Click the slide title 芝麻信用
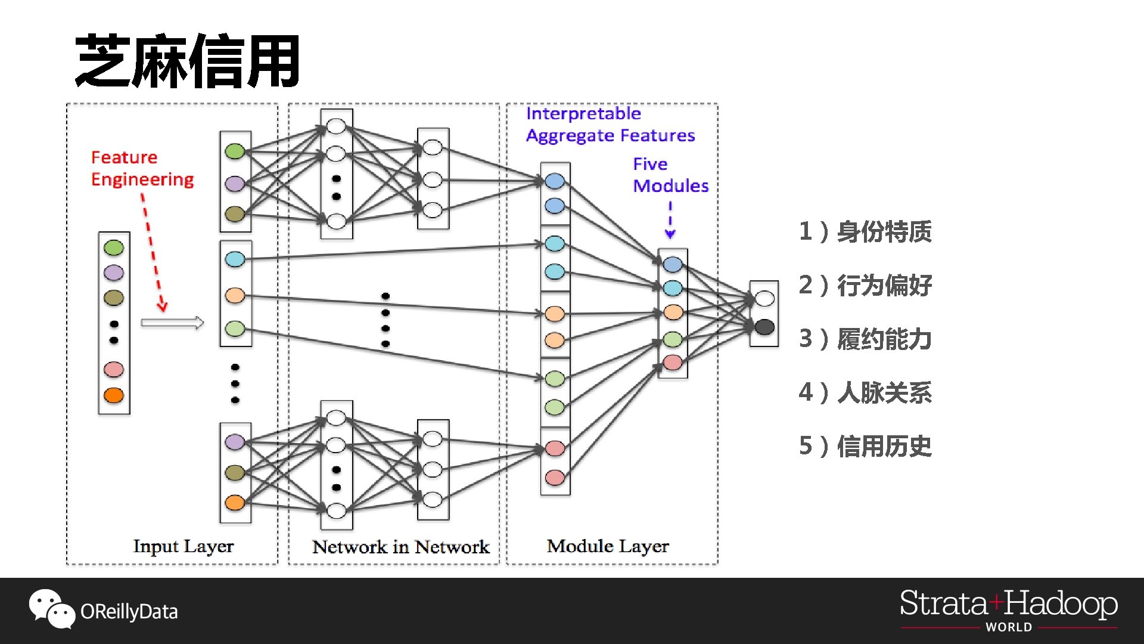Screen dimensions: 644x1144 coord(187,61)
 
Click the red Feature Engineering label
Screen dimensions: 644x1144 coord(142,168)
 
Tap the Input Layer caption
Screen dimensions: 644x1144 coord(183,546)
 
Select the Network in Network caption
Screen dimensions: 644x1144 coord(400,547)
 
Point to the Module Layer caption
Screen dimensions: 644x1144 coord(608,546)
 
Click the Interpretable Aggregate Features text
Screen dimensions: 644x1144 coord(610,125)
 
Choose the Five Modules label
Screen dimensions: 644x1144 coord(670,175)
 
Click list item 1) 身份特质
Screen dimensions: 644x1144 coord(865,231)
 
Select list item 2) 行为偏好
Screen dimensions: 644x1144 coord(865,285)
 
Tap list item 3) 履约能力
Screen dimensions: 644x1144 coord(865,339)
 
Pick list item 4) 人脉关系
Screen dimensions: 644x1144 coord(865,392)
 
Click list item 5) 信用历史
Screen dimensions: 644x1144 coord(865,446)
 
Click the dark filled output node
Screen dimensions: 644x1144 coord(764,327)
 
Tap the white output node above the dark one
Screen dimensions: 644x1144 coord(764,298)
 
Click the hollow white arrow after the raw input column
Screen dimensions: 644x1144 coord(172,323)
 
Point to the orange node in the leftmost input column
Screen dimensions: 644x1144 coord(114,395)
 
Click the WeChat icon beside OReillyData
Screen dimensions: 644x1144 coord(52,609)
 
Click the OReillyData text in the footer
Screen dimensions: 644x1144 coord(129,612)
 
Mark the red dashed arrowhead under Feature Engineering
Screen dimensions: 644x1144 coord(162,307)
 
